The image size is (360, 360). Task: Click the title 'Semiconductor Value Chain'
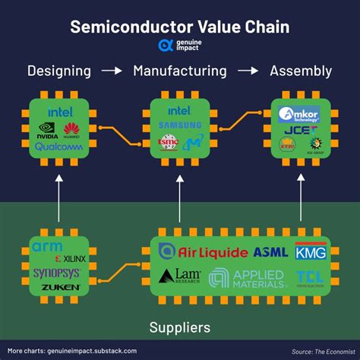180,27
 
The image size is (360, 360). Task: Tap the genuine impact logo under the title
180,46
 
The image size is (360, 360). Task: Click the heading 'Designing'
59,71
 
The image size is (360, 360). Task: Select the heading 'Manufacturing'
180,71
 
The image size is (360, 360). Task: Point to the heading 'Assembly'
301,71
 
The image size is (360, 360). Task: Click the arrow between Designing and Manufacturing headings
112,71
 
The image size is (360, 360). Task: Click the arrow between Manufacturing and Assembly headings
248,71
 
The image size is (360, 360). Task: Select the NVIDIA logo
47,130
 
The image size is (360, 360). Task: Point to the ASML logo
270,251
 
